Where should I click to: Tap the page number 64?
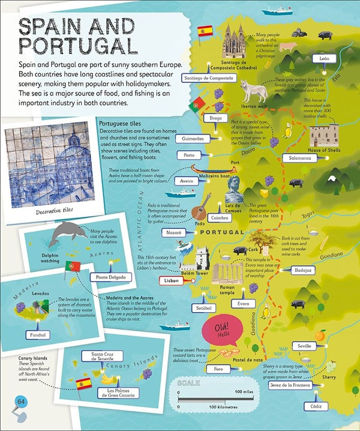click(x=20, y=402)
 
